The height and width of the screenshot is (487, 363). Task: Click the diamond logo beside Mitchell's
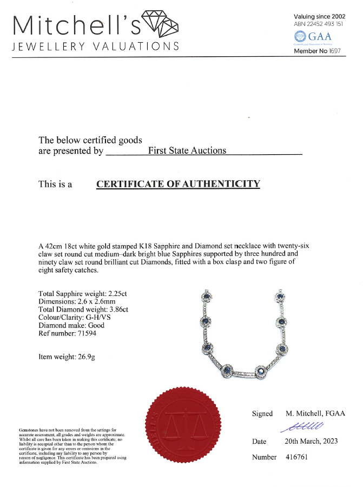[160, 24]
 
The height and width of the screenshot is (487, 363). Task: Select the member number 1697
[337, 51]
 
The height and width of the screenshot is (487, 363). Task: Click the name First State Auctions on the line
[187, 150]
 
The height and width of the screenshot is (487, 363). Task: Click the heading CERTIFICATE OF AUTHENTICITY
[178, 184]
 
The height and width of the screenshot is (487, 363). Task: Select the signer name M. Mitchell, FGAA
[315, 414]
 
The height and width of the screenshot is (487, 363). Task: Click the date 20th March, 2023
[311, 441]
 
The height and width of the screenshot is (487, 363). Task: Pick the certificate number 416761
[297, 457]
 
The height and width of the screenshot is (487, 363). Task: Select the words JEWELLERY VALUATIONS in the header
[95, 46]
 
